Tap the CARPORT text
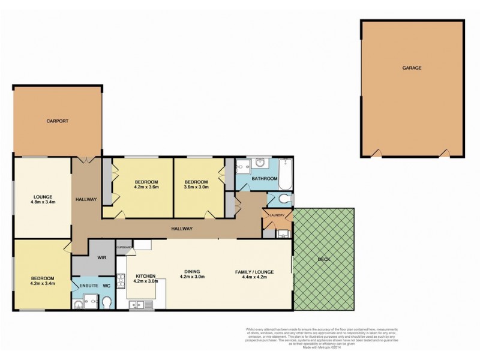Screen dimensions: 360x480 click(58, 121)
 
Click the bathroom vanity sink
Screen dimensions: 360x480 click(260, 163)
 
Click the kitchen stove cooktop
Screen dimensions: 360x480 click(121, 280)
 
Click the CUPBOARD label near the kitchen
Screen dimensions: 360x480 click(124, 247)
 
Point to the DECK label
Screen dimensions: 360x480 click(323, 259)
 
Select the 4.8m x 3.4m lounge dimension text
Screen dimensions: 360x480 click(43, 202)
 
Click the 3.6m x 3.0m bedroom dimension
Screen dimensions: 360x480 click(196, 188)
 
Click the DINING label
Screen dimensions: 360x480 click(192, 272)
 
